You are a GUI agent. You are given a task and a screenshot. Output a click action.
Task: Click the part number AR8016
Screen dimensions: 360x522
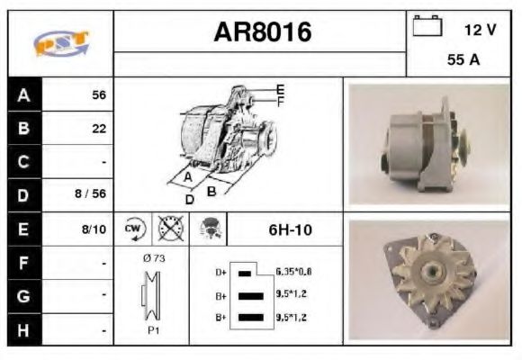click(x=262, y=32)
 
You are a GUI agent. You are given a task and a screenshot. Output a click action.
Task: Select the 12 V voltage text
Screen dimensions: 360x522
click(x=480, y=29)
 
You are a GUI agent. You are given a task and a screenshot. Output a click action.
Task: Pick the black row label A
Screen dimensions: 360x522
click(x=24, y=94)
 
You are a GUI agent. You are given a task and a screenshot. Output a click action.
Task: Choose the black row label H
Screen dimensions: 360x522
click(x=24, y=329)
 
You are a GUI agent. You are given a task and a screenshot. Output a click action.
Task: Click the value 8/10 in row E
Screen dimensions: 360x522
click(x=94, y=229)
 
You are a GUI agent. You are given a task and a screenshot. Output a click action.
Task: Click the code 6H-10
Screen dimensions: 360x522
click(x=289, y=229)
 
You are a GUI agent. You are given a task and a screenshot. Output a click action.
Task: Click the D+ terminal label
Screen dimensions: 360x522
click(x=219, y=271)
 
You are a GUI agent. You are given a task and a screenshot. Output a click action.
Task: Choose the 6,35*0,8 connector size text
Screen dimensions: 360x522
click(x=293, y=271)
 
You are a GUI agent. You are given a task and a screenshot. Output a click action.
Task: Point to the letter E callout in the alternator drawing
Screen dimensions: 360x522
click(x=281, y=88)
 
